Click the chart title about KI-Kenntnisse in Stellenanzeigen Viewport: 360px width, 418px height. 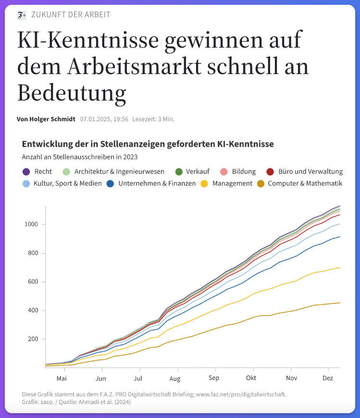[x=148, y=144]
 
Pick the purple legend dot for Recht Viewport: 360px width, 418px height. [x=26, y=172]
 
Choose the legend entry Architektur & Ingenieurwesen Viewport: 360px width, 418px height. [x=119, y=172]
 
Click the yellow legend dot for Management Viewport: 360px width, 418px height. [x=204, y=183]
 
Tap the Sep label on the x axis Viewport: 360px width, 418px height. [x=214, y=378]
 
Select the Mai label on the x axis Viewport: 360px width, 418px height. [x=61, y=378]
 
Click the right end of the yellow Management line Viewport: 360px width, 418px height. [x=340, y=267]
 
